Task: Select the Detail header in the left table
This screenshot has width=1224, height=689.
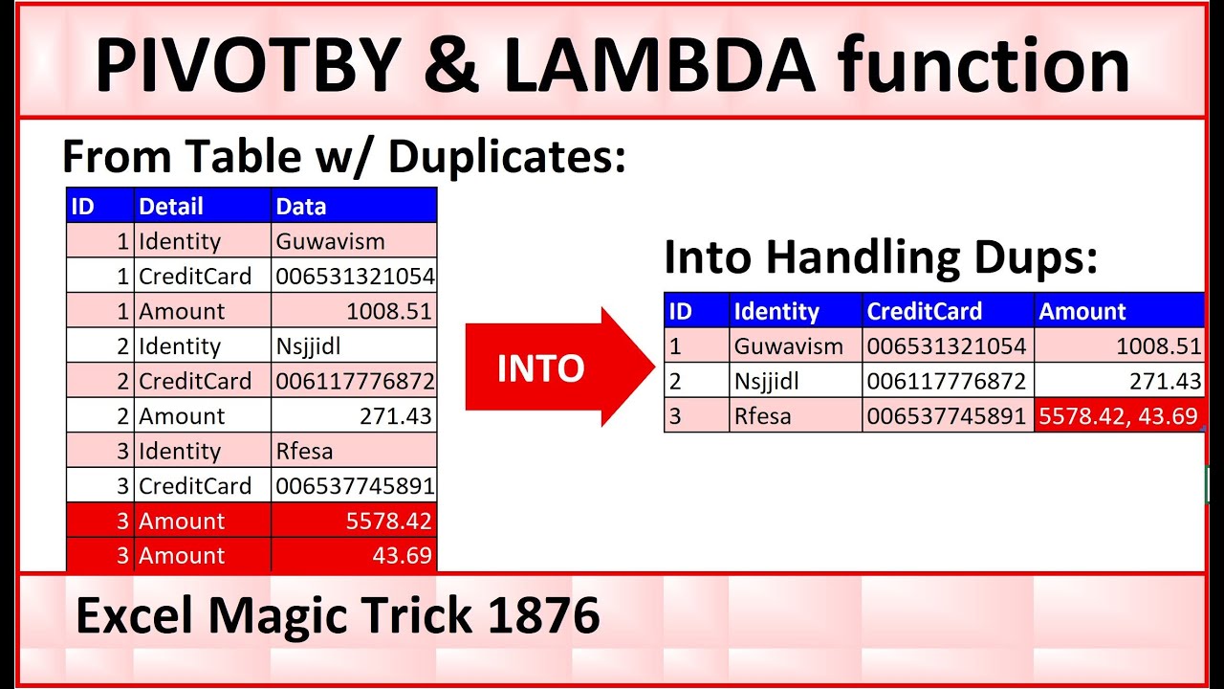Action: pos(171,206)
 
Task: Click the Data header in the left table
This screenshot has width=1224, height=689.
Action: pos(301,206)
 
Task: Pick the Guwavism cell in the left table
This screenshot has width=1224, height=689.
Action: pos(330,241)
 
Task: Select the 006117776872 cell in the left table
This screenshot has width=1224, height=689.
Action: pos(355,381)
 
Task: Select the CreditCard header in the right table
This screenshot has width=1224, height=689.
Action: pos(924,311)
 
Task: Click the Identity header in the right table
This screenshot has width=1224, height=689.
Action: pos(776,311)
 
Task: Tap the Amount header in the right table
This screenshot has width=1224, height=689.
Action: pos(1082,311)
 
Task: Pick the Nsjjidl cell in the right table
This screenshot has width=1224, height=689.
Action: pos(767,382)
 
